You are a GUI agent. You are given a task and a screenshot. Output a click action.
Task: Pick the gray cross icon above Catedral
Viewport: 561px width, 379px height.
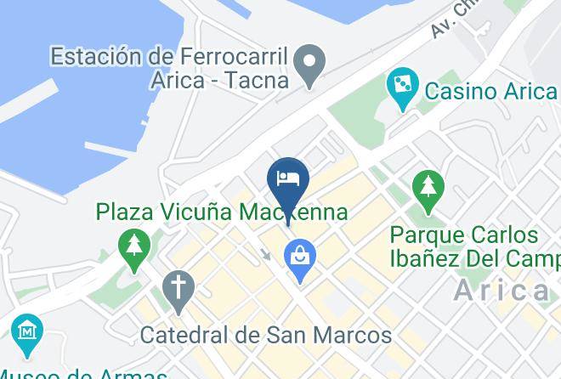tap(179, 290)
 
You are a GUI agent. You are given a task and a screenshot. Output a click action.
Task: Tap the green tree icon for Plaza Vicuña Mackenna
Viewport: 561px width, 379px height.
tap(133, 249)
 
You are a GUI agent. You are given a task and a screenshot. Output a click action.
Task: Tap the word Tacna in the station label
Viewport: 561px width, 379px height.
tap(259, 81)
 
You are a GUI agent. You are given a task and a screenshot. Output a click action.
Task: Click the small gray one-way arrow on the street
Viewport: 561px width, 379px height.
tap(266, 253)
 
